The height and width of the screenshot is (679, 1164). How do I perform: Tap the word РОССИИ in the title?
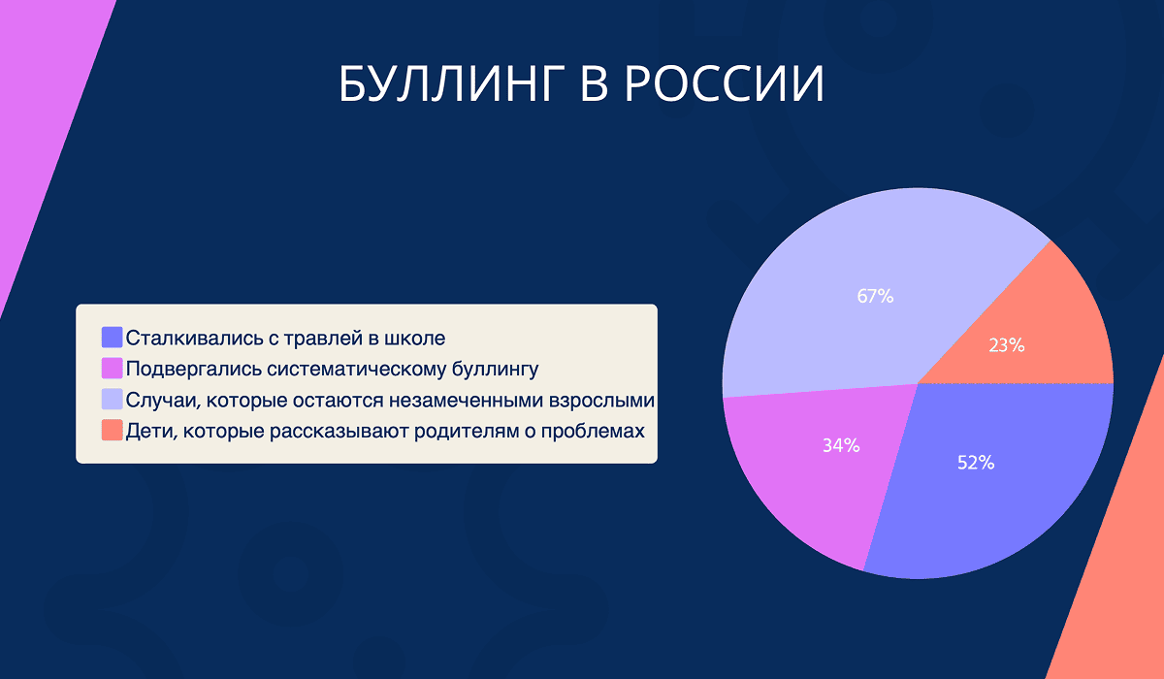click(x=723, y=85)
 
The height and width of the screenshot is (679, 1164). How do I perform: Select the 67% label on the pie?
click(x=874, y=297)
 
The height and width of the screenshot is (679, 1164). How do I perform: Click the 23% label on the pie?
click(x=1006, y=344)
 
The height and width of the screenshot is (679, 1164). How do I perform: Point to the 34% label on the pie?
click(x=841, y=446)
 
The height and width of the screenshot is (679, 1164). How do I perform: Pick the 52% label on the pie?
click(x=975, y=463)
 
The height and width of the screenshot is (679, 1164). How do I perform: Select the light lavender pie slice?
click(x=854, y=262)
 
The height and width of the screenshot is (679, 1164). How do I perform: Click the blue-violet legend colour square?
click(x=113, y=338)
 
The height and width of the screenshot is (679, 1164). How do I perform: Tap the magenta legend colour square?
click(x=113, y=369)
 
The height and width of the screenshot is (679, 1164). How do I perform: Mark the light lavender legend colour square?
click(x=113, y=400)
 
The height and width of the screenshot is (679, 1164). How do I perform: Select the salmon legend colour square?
click(x=113, y=430)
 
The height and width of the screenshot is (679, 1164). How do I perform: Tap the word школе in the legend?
click(x=418, y=338)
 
